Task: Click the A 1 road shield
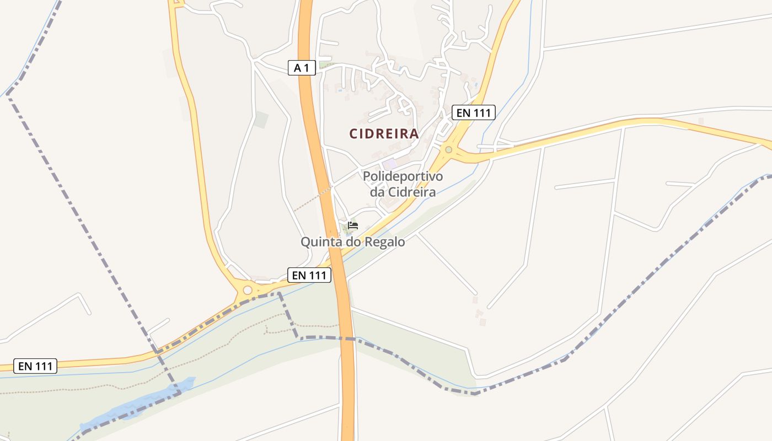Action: (x=302, y=68)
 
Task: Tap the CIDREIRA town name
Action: (x=384, y=134)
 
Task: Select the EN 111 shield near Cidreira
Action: (x=474, y=113)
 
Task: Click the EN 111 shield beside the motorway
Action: (x=309, y=275)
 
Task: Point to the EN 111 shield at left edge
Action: (x=35, y=365)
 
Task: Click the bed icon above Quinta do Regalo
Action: (x=353, y=225)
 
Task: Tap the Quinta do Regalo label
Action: (x=352, y=241)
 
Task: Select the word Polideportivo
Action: (x=403, y=177)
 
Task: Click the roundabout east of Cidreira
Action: (x=449, y=149)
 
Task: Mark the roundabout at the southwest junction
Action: (x=248, y=290)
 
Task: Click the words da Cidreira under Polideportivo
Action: (x=403, y=192)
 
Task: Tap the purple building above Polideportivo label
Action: (x=390, y=164)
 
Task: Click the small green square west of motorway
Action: (x=261, y=120)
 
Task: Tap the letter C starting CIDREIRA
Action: (x=354, y=134)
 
